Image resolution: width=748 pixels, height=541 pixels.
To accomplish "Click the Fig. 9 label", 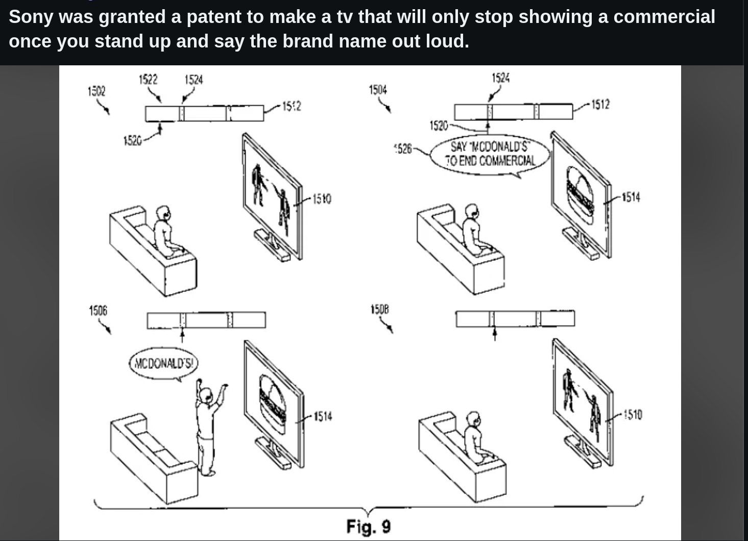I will pyautogui.click(x=368, y=526).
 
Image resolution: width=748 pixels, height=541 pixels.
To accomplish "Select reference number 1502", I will pyautogui.click(x=96, y=91).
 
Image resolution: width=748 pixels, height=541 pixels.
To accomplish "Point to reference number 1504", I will pyautogui.click(x=378, y=90).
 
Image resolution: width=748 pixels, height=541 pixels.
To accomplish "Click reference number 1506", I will pyautogui.click(x=98, y=310).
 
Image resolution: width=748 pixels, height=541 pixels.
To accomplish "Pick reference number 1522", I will pyautogui.click(x=148, y=79).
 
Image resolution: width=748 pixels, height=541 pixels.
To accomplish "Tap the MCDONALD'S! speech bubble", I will pyautogui.click(x=163, y=363).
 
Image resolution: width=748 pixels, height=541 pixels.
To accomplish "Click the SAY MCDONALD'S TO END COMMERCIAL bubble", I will pyautogui.click(x=490, y=154).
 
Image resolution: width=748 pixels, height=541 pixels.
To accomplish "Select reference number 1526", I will pyautogui.click(x=403, y=149).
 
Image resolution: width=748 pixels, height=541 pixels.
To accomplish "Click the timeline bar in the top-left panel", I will pyautogui.click(x=204, y=113).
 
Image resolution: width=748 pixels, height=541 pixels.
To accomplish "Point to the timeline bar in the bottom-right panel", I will pyautogui.click(x=515, y=318).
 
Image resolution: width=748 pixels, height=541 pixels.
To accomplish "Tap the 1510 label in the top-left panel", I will pyautogui.click(x=322, y=199).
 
